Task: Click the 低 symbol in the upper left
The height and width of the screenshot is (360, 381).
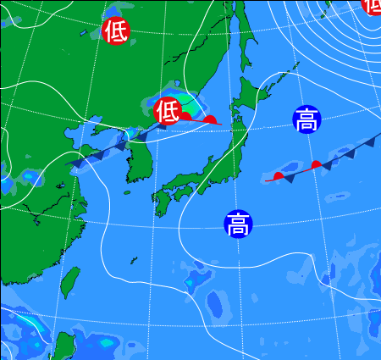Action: [x=115, y=31]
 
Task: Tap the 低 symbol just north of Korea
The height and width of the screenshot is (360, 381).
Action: [x=168, y=110]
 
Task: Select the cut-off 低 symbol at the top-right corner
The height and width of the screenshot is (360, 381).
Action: [x=373, y=4]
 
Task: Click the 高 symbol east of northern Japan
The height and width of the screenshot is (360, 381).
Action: [x=306, y=120]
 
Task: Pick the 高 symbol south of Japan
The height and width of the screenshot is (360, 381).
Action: [x=238, y=224]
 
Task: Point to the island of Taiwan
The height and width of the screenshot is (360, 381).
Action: [x=71, y=283]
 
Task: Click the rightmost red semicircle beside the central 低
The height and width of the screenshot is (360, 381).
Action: [x=211, y=120]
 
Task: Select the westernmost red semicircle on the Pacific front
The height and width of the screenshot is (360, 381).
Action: [x=278, y=176]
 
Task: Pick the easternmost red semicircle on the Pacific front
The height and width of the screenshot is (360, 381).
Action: [x=316, y=164]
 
